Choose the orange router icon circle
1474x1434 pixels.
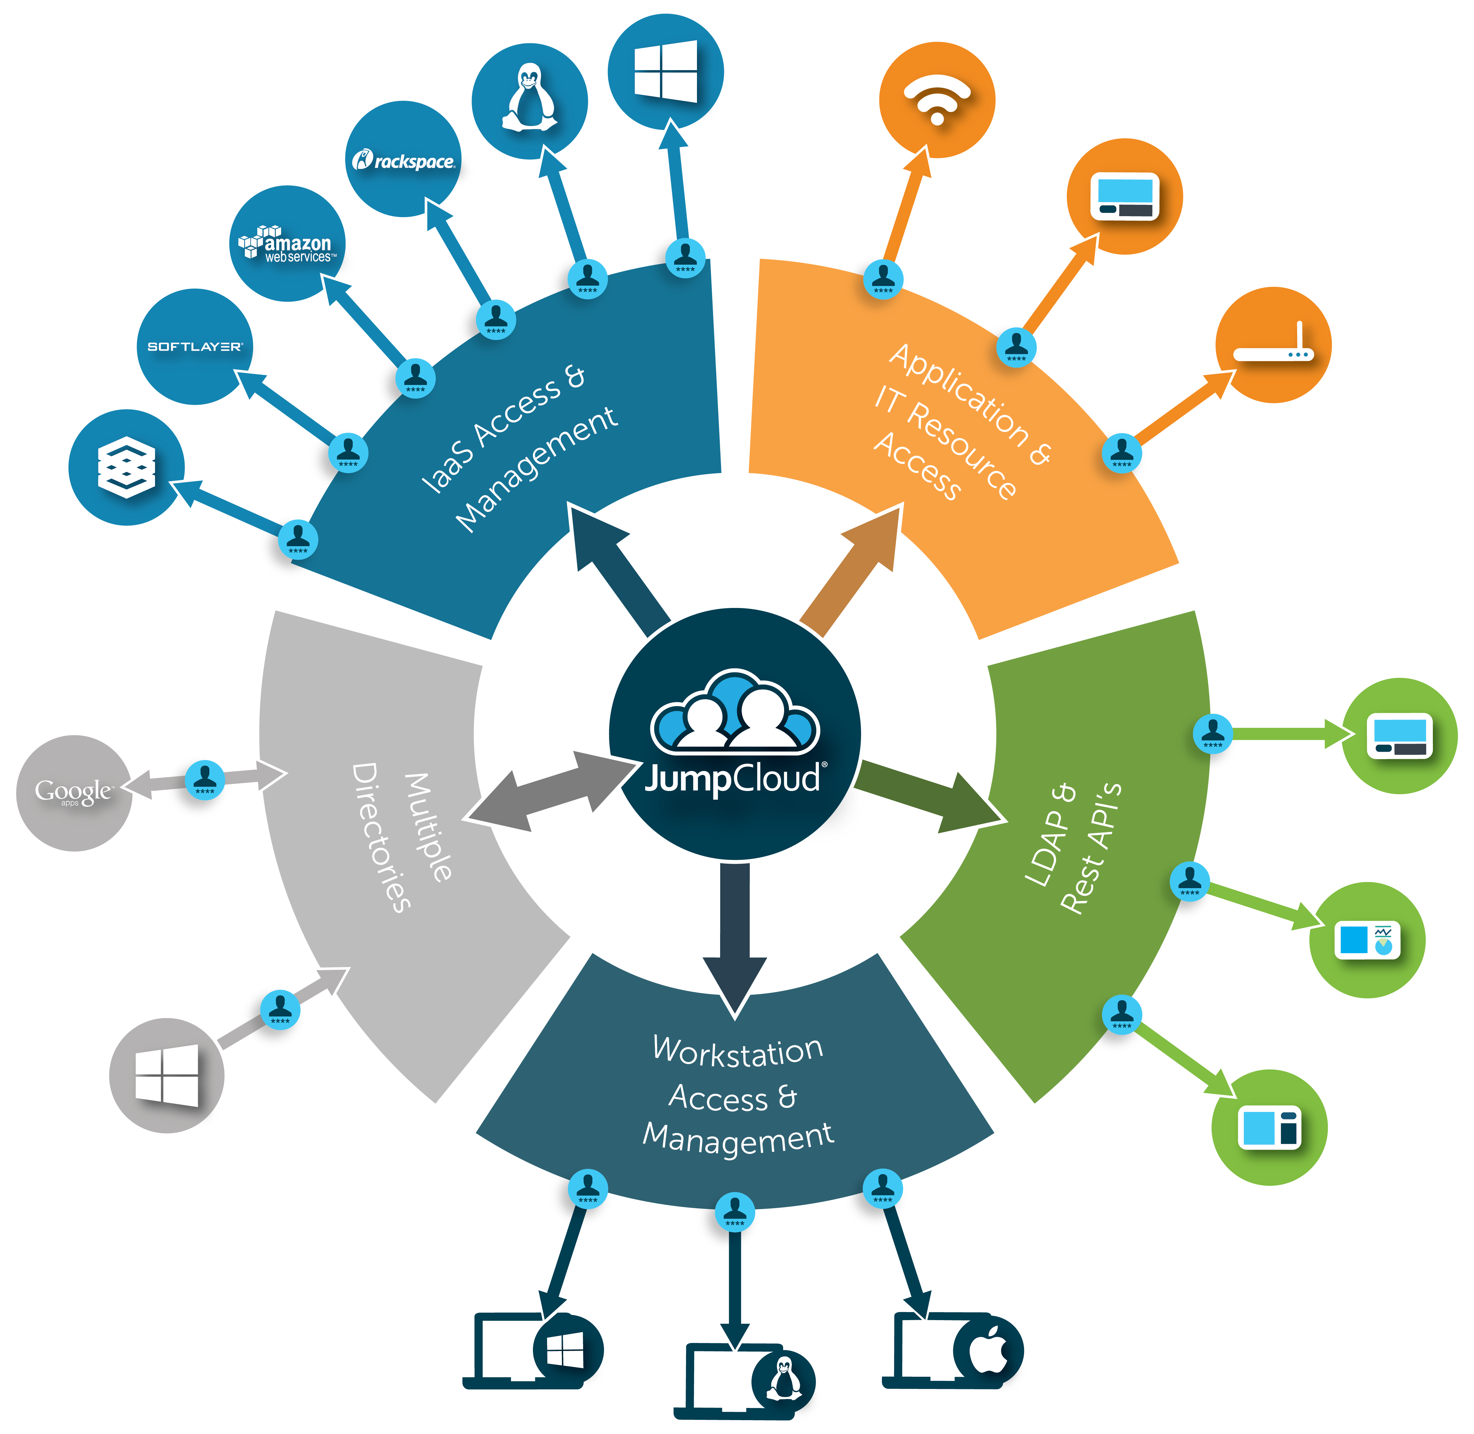pyautogui.click(x=1273, y=345)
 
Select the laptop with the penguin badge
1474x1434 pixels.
pyautogui.click(x=742, y=1380)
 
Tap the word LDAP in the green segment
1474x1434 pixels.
pyautogui.click(x=1051, y=836)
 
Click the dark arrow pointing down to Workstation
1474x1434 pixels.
pyautogui.click(x=734, y=934)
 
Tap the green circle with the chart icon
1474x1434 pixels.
pyautogui.click(x=1367, y=940)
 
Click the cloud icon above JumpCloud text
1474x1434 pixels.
pyautogui.click(x=734, y=712)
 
